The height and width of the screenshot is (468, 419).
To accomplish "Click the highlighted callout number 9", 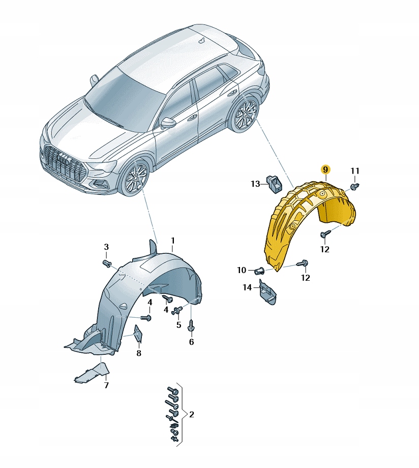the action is pyautogui.click(x=325, y=170).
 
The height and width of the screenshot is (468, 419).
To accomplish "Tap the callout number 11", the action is pyautogui.click(x=355, y=171).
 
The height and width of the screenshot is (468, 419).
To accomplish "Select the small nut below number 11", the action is pyautogui.click(x=356, y=186).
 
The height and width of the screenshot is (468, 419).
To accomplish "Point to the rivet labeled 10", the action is pyautogui.click(x=259, y=271).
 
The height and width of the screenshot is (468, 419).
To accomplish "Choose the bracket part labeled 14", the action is pyautogui.click(x=267, y=292).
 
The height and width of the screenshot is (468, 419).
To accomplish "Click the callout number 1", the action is pyautogui.click(x=172, y=241).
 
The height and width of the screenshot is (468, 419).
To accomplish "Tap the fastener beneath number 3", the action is pyautogui.click(x=107, y=263).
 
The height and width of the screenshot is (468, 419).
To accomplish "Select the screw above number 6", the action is pyautogui.click(x=191, y=325).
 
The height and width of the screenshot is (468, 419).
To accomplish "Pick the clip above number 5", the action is pyautogui.click(x=177, y=311).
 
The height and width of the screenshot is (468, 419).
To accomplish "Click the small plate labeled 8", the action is pyautogui.click(x=138, y=333).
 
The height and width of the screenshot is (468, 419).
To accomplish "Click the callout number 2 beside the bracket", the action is pyautogui.click(x=191, y=414).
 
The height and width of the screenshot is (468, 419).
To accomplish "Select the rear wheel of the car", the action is pyautogui.click(x=244, y=114).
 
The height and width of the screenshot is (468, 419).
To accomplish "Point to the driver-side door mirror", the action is pyautogui.click(x=169, y=122).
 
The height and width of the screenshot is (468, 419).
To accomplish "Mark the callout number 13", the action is pyautogui.click(x=255, y=184).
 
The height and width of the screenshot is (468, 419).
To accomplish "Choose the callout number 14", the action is pyautogui.click(x=247, y=287).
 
